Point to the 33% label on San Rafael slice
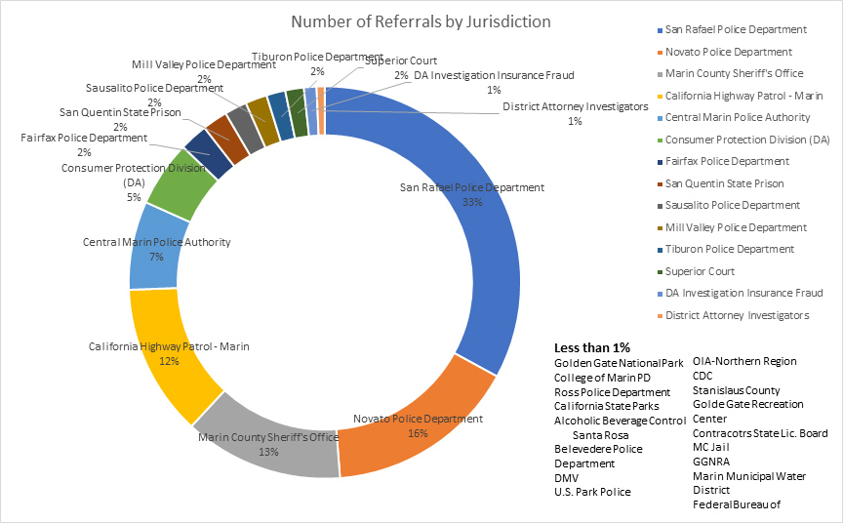[x=472, y=202]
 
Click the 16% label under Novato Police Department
[x=417, y=432]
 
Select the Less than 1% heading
[x=592, y=347]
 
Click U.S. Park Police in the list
[x=591, y=492]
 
